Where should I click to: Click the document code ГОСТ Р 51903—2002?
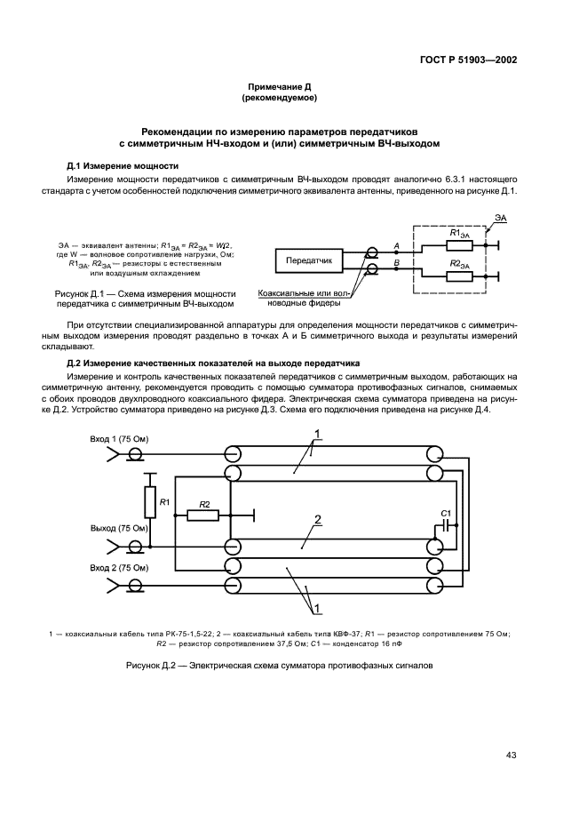(x=468, y=60)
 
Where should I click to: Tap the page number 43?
(x=511, y=755)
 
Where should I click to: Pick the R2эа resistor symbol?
(x=459, y=276)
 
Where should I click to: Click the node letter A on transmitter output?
(x=396, y=244)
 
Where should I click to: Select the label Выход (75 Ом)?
(x=121, y=526)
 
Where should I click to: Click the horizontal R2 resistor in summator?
(x=203, y=515)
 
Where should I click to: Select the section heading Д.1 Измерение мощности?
(x=123, y=166)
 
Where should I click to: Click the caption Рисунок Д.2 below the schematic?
(x=278, y=665)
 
